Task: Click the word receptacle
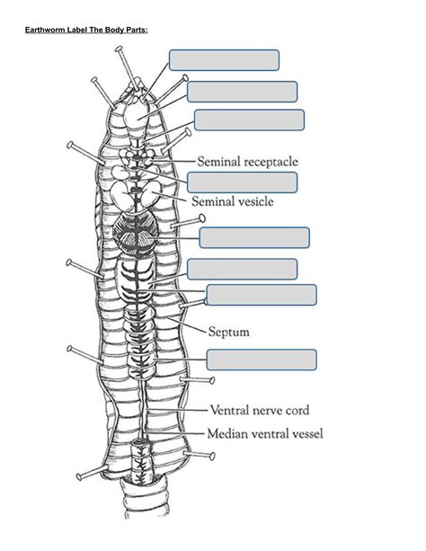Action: pos(266,162)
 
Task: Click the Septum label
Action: pos(229,332)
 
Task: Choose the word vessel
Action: pos(306,433)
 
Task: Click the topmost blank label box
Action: pos(224,59)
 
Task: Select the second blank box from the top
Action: pos(242,92)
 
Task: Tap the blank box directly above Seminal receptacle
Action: pos(249,120)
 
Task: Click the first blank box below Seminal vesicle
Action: pos(254,237)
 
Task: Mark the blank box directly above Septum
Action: pos(261,295)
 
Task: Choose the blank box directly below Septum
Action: pos(261,360)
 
